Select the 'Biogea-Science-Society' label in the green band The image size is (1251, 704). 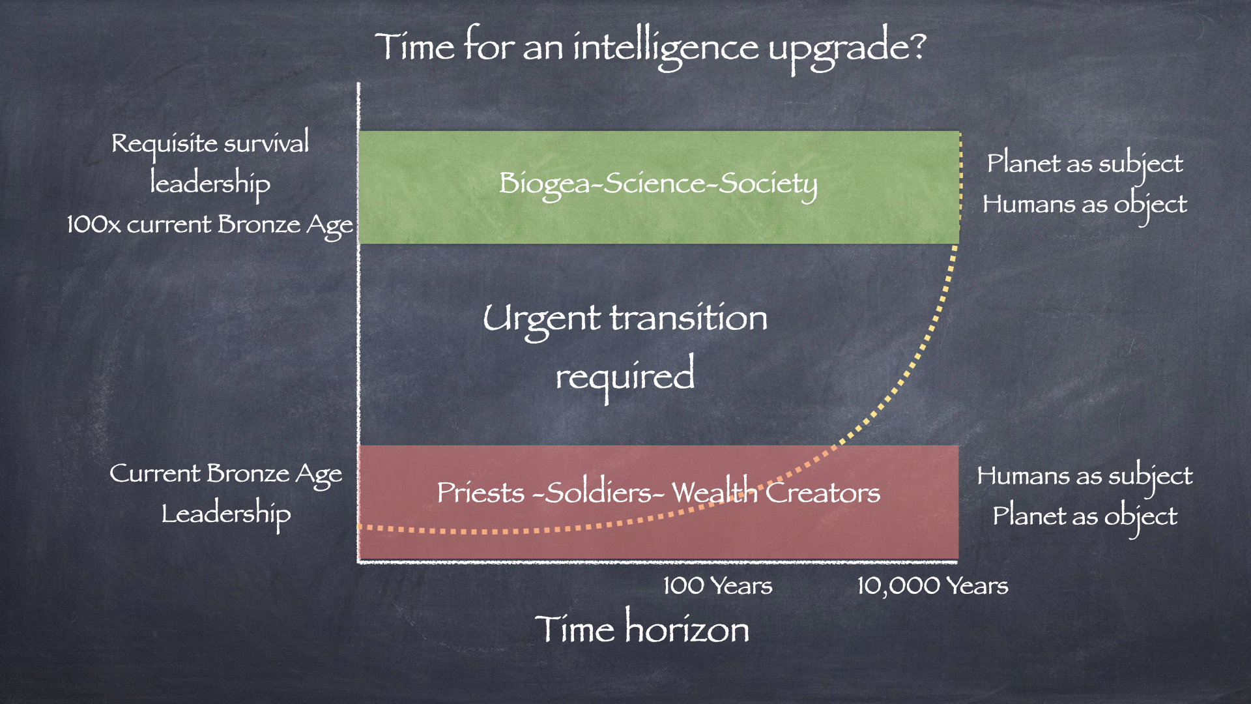tap(658, 184)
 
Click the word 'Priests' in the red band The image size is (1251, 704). tap(480, 492)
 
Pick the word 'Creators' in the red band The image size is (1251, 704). tap(823, 492)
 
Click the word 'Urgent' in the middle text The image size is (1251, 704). tap(541, 320)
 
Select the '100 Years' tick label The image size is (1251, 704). tap(717, 585)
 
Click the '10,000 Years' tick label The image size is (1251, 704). tap(932, 585)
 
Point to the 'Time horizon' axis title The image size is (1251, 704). tap(642, 628)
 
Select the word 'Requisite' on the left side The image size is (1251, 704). tap(164, 144)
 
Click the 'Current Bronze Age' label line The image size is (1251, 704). tap(225, 474)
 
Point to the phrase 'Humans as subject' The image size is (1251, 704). tap(1085, 477)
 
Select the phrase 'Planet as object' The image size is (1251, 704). tap(1085, 517)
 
